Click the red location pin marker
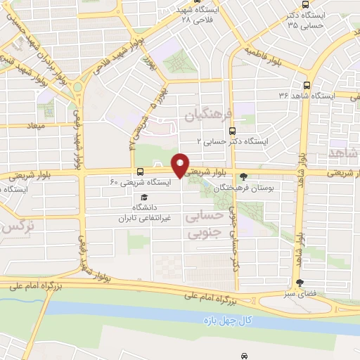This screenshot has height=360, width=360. (180, 164)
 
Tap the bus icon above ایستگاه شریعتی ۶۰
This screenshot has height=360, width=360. (141, 171)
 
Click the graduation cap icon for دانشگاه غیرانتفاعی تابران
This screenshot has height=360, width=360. (143, 198)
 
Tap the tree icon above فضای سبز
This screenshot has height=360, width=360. (300, 282)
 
